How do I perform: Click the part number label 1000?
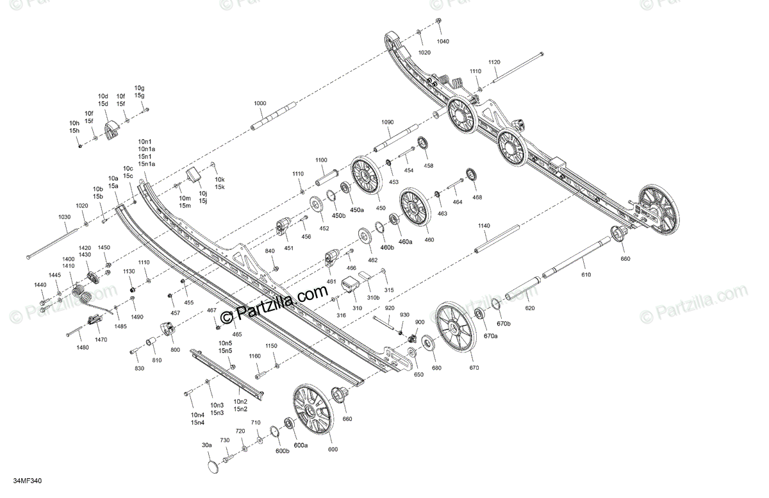260,103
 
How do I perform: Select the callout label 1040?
443,41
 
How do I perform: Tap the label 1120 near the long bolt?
494,62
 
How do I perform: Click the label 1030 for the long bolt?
64,217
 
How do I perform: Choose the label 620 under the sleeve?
529,308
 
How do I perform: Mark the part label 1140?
484,226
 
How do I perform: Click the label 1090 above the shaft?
388,122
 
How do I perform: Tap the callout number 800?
175,350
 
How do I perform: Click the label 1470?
101,339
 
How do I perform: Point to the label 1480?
83,347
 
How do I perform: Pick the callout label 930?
404,315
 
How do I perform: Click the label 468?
477,197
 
